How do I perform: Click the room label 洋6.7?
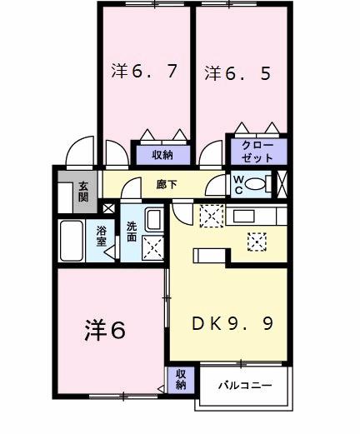point(144,72)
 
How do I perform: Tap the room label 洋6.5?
point(237,72)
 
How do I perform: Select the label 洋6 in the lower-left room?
point(104,331)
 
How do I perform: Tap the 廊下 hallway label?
point(167,185)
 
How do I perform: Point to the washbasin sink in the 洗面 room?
point(153,221)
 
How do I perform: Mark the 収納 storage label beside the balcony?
point(181,380)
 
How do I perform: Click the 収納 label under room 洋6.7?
point(162,154)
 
